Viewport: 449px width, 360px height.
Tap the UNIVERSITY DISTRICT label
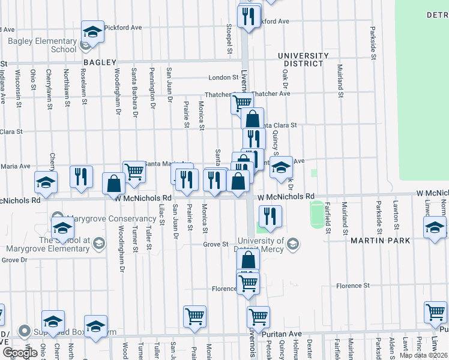(x=303, y=60)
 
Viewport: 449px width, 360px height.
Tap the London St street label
(x=224, y=77)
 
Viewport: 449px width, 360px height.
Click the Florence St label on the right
(x=353, y=286)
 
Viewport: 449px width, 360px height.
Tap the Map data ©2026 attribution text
(x=423, y=355)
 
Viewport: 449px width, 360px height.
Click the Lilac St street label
(x=162, y=214)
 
